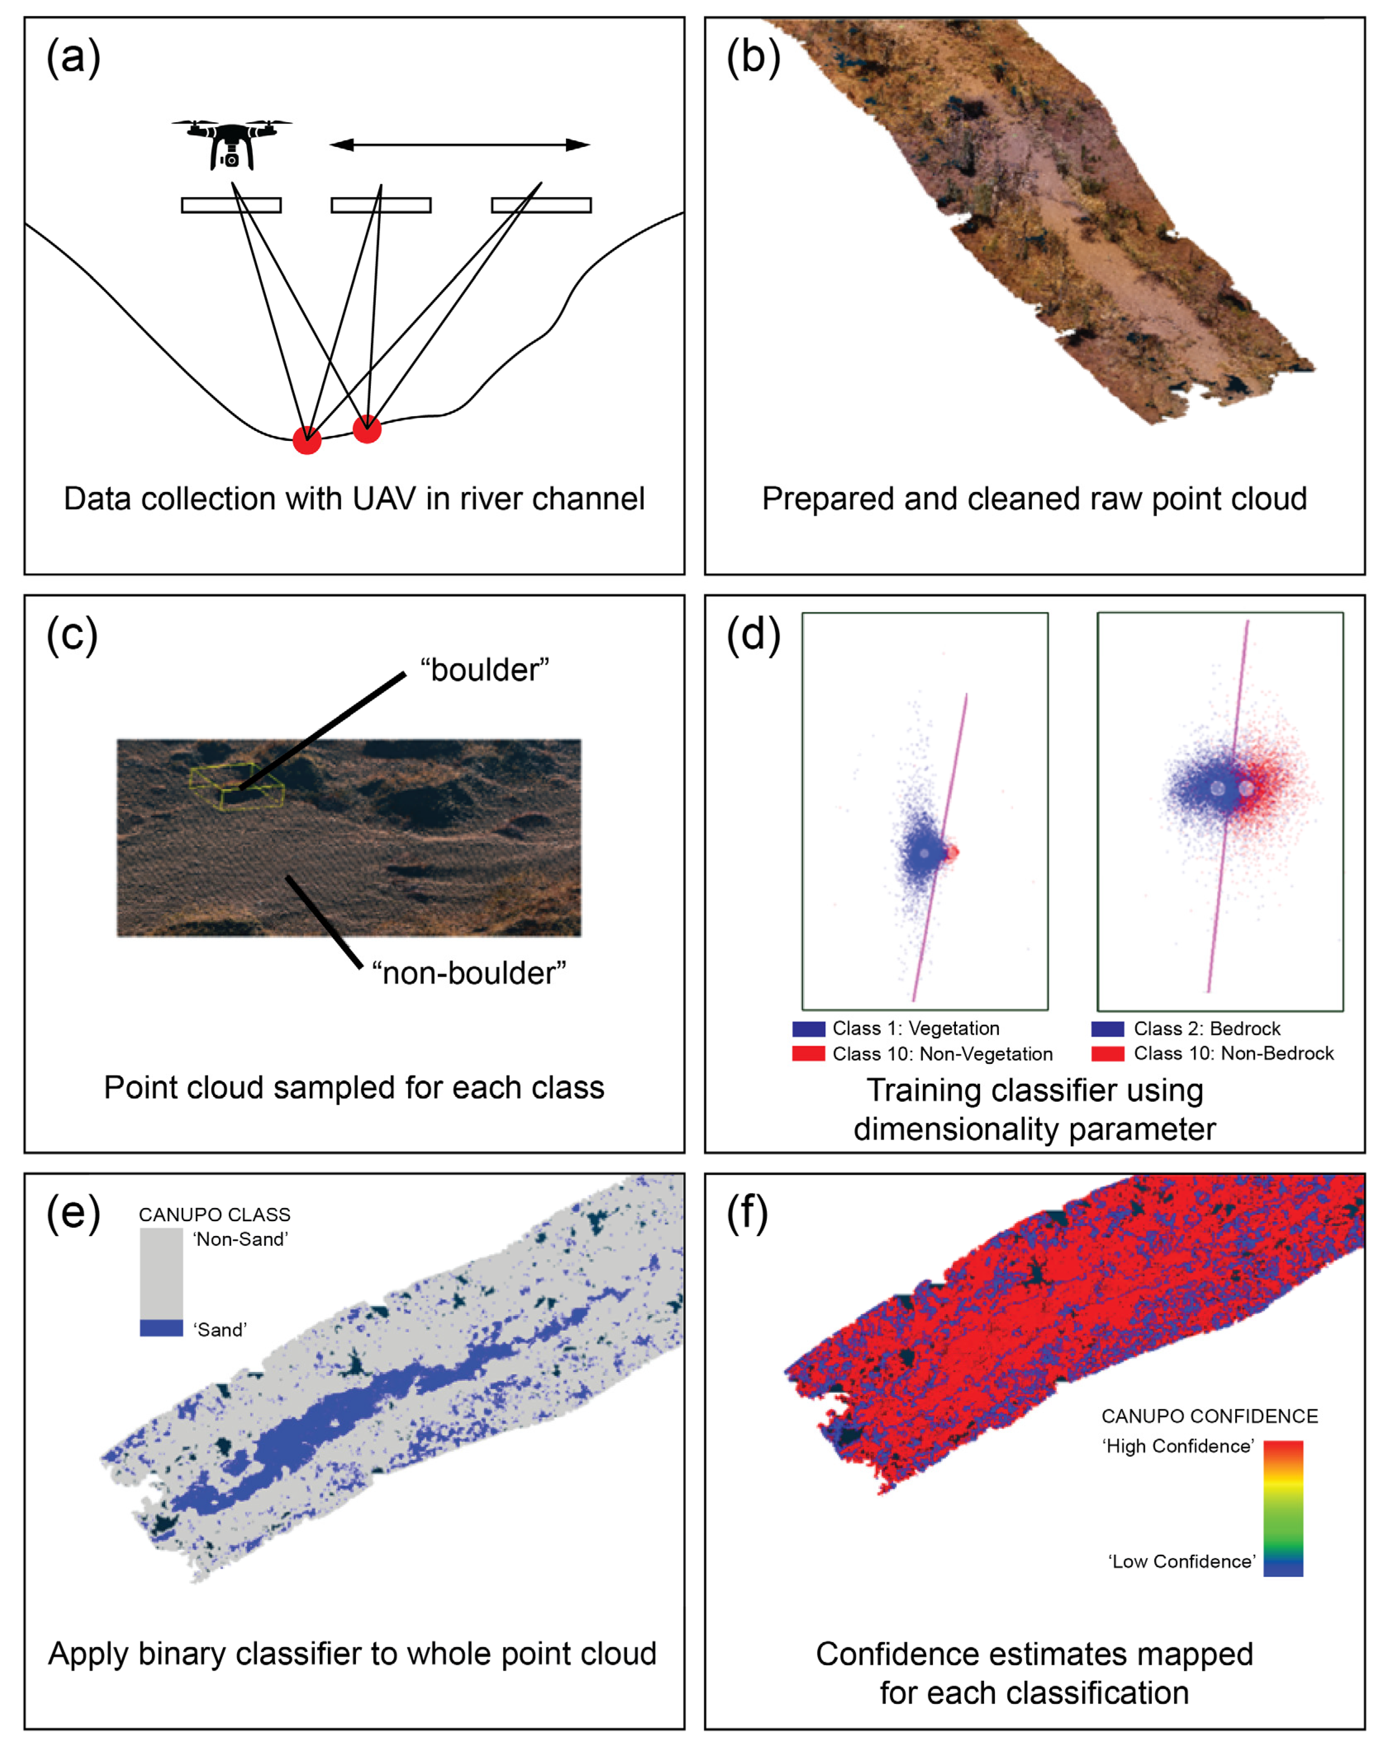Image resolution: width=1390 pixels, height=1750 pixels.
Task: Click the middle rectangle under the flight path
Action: coord(381,205)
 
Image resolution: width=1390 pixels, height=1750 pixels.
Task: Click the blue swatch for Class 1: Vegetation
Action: coord(809,1028)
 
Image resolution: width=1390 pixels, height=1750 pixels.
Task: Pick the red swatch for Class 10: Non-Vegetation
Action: coord(809,1054)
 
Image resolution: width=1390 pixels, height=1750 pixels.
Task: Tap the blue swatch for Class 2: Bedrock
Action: coord(1108,1028)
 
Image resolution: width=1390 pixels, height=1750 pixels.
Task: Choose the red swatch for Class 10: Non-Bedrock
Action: coord(1108,1054)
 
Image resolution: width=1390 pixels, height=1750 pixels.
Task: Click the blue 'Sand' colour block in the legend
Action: coord(161,1328)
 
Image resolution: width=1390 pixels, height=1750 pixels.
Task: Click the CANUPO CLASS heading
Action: coord(214,1214)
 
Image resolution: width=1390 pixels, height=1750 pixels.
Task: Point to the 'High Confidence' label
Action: coord(1177,1446)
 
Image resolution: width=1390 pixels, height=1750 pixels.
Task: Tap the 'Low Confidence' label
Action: coord(1181,1561)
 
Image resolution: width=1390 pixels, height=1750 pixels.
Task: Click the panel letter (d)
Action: coord(753,634)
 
